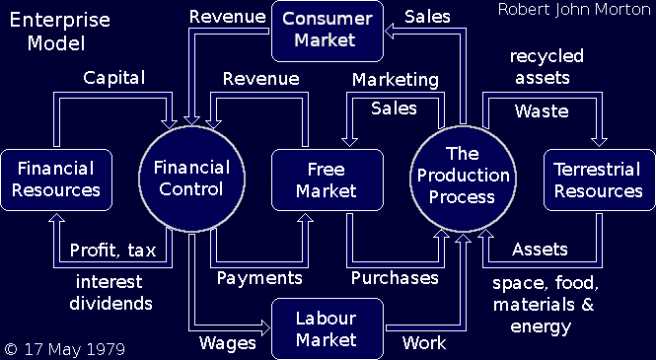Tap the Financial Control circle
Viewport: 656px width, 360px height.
[x=192, y=178]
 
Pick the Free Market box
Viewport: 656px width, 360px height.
[x=327, y=180]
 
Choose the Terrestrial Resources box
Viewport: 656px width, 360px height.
[x=599, y=180]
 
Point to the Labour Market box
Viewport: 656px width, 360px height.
[x=327, y=328]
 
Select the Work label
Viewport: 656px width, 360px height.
[x=424, y=343]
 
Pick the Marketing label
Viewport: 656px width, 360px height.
[x=396, y=79]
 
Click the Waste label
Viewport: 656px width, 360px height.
[x=542, y=110]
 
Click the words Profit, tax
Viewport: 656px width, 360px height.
[x=110, y=250]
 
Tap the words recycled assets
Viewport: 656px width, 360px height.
[x=547, y=66]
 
